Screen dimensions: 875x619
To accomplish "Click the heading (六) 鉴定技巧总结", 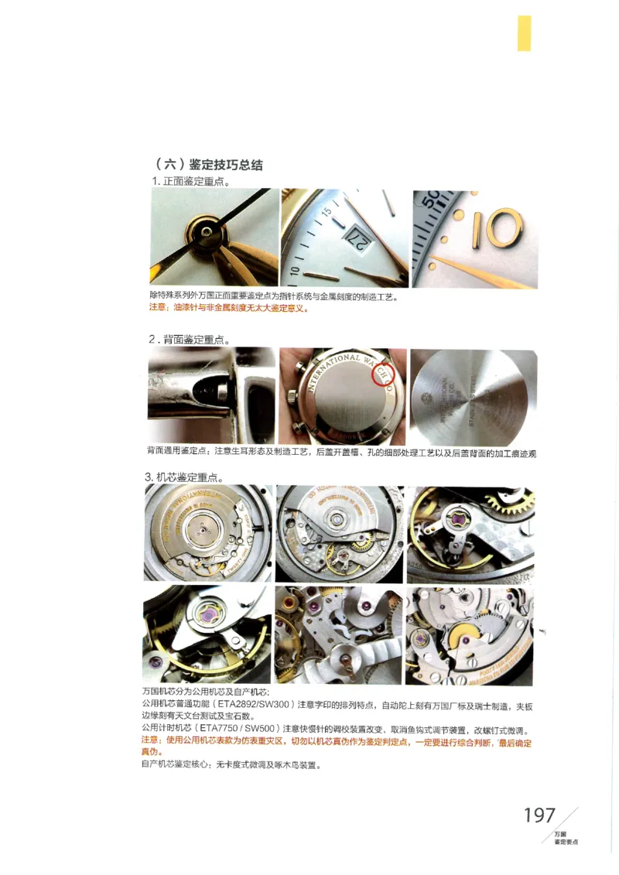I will tap(209, 165).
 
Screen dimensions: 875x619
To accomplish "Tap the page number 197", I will tap(539, 815).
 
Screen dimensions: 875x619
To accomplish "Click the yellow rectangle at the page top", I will tap(524, 33).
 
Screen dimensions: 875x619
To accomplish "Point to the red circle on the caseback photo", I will tap(383, 375).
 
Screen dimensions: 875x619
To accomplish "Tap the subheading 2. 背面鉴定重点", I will tap(190, 339).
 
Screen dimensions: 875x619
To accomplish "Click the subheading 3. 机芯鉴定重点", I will tap(190, 477).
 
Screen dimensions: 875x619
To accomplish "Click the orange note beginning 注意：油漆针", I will tap(229, 308).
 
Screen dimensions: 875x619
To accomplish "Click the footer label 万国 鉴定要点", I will tap(566, 838).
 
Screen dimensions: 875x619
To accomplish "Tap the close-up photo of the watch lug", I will tap(211, 395).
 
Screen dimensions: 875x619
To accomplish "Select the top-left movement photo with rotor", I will tap(208, 533).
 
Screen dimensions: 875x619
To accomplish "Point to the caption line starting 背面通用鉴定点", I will tap(340, 453).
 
